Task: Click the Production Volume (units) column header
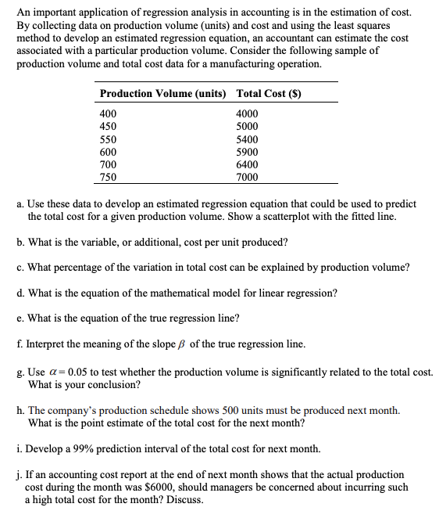click(162, 94)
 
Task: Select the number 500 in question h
click(253, 411)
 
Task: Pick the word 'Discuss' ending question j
click(184, 500)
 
